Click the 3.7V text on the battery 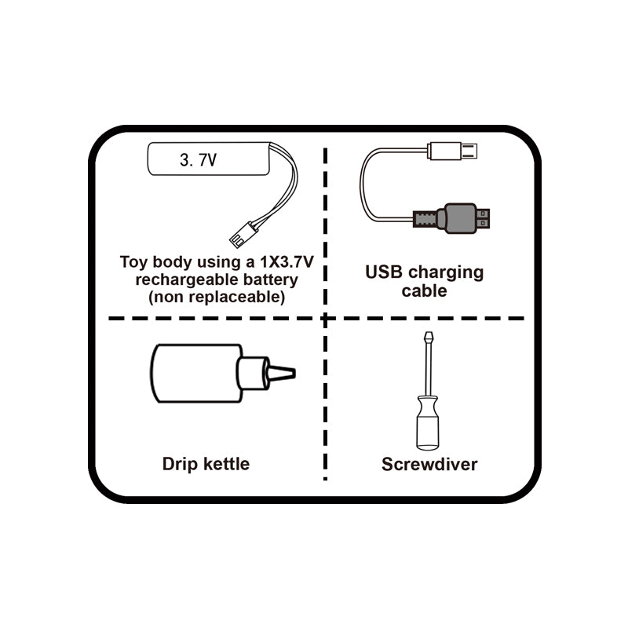click(x=198, y=161)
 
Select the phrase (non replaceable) click(x=217, y=298)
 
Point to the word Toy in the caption click(x=134, y=262)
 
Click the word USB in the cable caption click(x=385, y=273)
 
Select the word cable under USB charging click(x=424, y=291)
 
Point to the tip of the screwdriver click(x=428, y=336)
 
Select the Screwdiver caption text click(x=429, y=465)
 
